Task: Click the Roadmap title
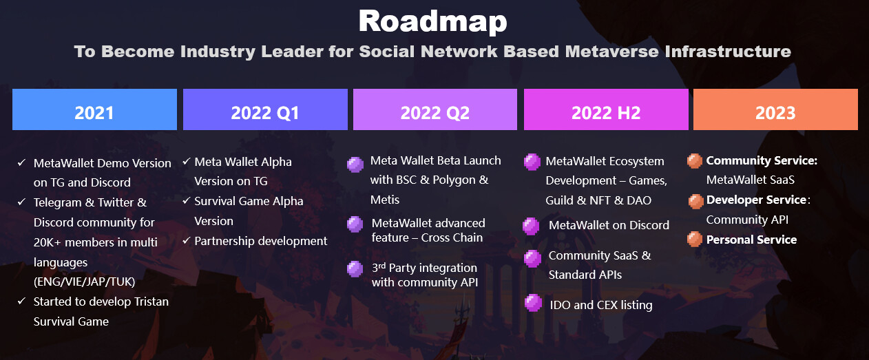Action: tap(432, 21)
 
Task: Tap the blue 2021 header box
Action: tap(94, 109)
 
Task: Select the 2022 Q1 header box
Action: tap(265, 109)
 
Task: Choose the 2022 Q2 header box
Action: tap(435, 109)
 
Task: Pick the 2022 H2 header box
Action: tap(606, 109)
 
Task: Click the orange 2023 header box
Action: tap(775, 109)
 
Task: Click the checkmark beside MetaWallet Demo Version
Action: tap(21, 162)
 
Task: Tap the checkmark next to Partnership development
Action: tap(186, 241)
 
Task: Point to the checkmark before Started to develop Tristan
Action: tap(21, 301)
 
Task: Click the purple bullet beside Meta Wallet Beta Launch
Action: tap(355, 165)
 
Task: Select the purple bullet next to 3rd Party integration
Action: tap(355, 269)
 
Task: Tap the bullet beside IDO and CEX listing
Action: tap(533, 303)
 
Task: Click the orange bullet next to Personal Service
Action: tap(694, 239)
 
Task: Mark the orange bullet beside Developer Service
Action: tap(695, 201)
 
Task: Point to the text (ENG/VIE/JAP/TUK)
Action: tap(84, 282)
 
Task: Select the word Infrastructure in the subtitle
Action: tap(728, 51)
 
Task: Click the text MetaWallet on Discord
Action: tap(609, 225)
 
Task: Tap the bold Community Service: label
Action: tap(762, 160)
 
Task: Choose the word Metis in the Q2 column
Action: tap(384, 200)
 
